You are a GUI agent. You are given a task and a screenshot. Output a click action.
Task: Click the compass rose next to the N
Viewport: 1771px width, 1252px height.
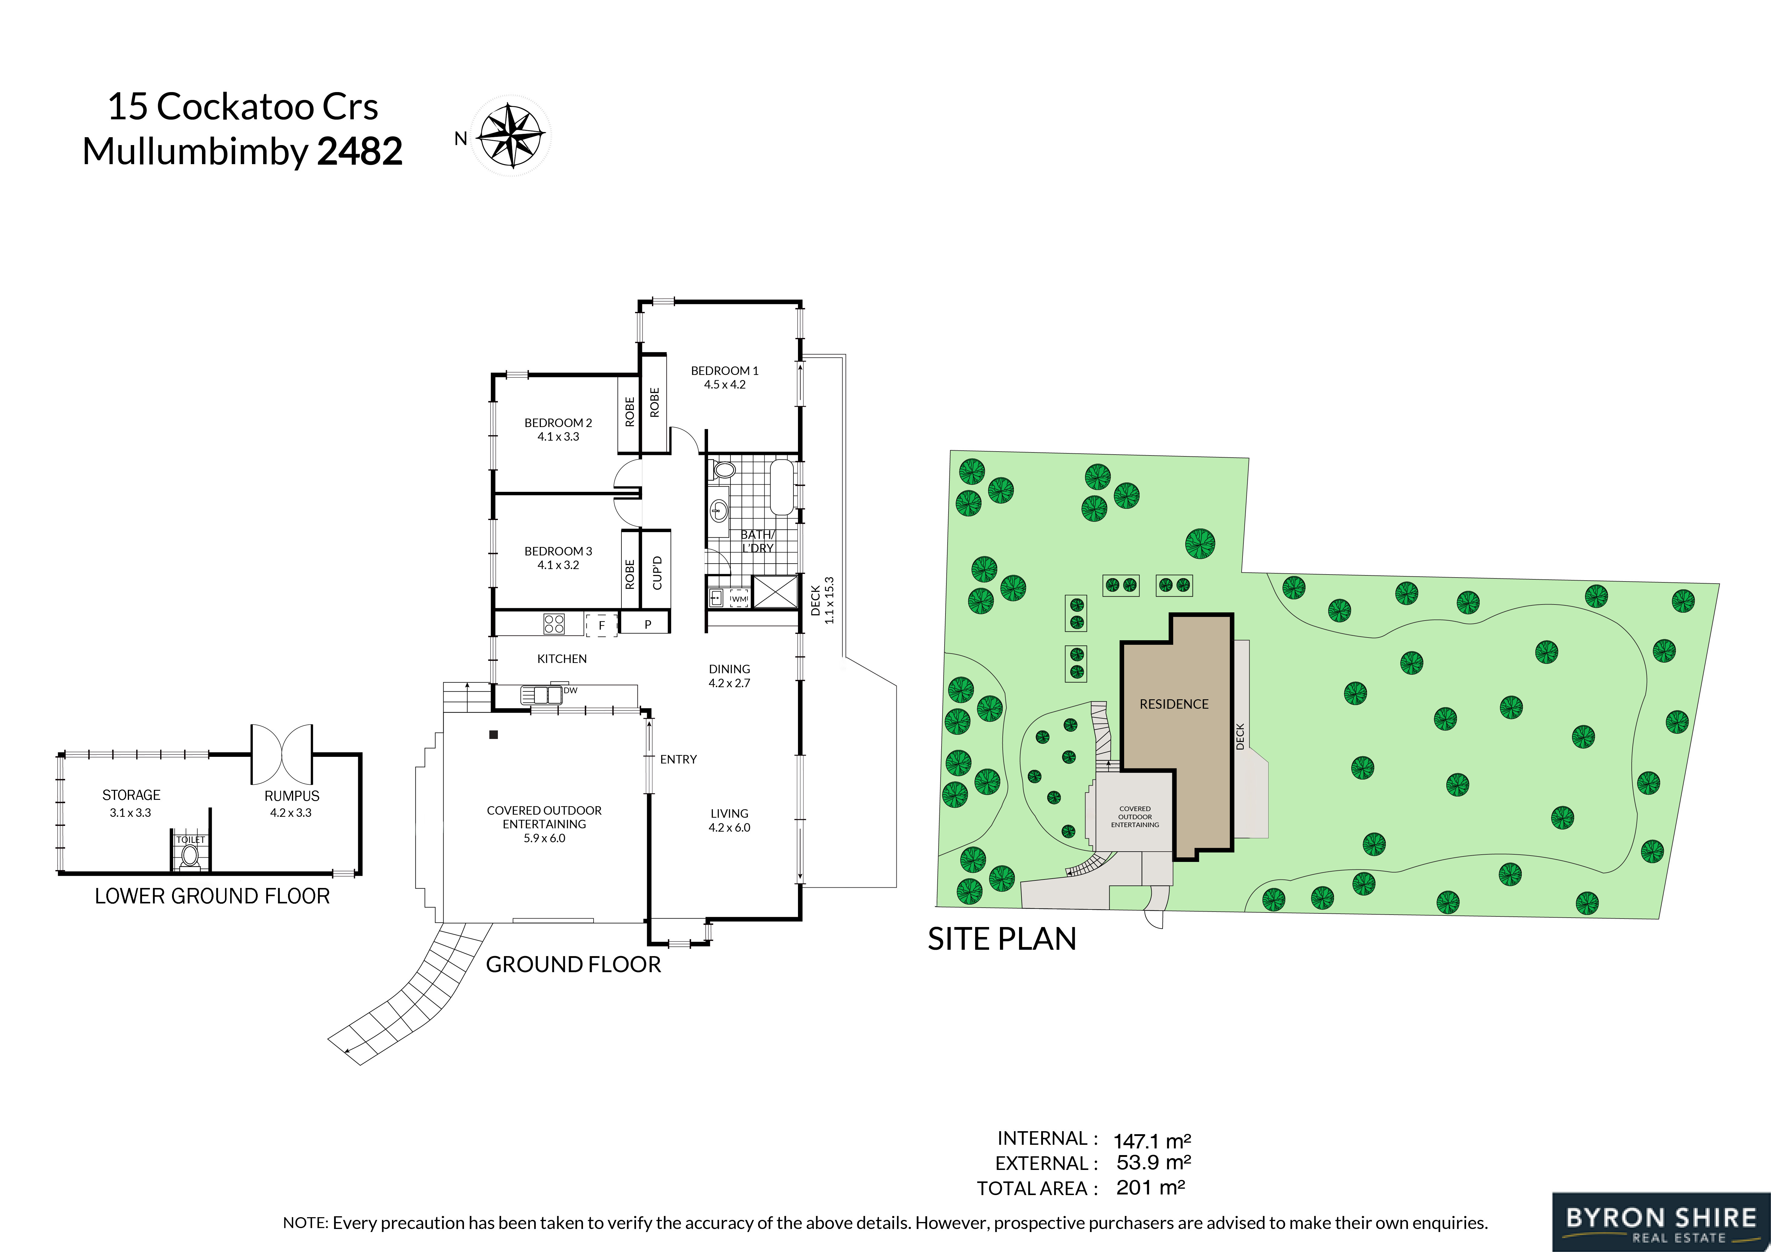(511, 136)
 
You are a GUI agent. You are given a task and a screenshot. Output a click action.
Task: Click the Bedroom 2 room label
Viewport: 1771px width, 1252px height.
(558, 423)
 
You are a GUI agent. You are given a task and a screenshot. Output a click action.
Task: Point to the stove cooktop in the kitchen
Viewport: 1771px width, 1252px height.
(554, 623)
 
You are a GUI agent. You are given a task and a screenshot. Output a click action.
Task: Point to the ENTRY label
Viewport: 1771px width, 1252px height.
(678, 759)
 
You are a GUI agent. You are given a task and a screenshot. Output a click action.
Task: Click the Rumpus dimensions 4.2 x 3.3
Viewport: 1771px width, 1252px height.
(291, 812)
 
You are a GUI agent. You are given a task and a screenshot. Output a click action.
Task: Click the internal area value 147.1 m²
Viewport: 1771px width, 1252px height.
(1152, 1140)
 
